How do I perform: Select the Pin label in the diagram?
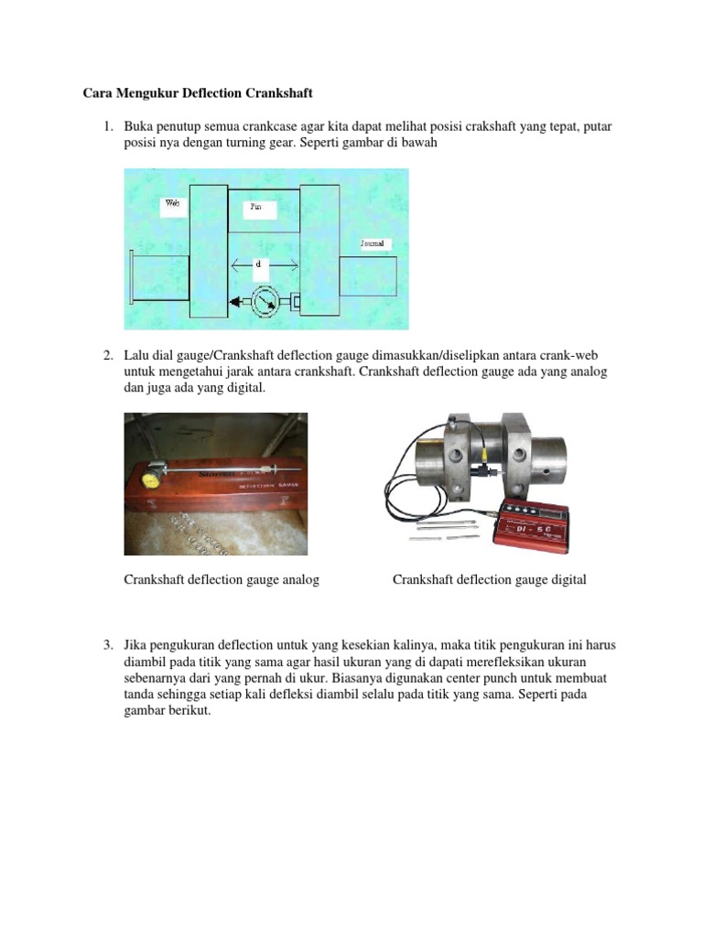tap(256, 208)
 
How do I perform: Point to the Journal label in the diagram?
tap(373, 244)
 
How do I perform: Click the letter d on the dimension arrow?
tap(259, 264)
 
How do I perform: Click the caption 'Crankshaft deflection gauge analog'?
tap(222, 580)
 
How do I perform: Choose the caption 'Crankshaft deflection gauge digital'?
tap(489, 580)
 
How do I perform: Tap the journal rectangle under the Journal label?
tap(368, 285)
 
